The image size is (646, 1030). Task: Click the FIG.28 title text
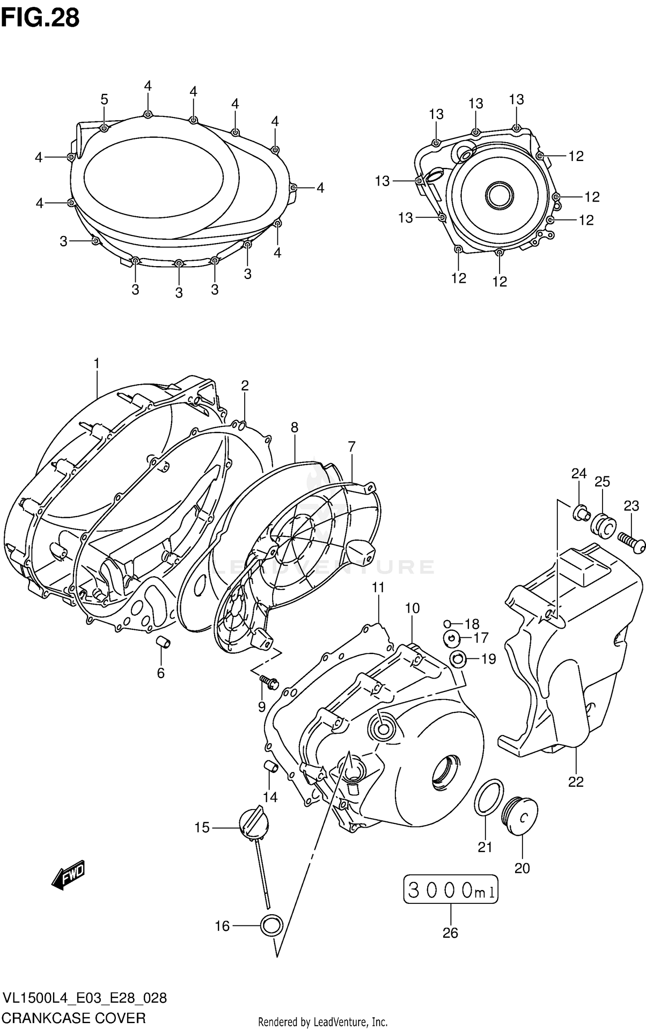tap(40, 18)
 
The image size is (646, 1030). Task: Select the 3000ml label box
tap(450, 890)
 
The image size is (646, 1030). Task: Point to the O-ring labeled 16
tap(272, 925)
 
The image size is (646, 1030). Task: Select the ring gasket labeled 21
tap(489, 797)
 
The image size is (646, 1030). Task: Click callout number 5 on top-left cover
tap(104, 99)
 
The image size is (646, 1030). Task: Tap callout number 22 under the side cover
tap(576, 782)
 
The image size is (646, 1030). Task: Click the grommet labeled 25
tap(603, 526)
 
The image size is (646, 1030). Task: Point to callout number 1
tap(96, 364)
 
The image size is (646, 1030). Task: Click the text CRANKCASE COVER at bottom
tap(74, 1018)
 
